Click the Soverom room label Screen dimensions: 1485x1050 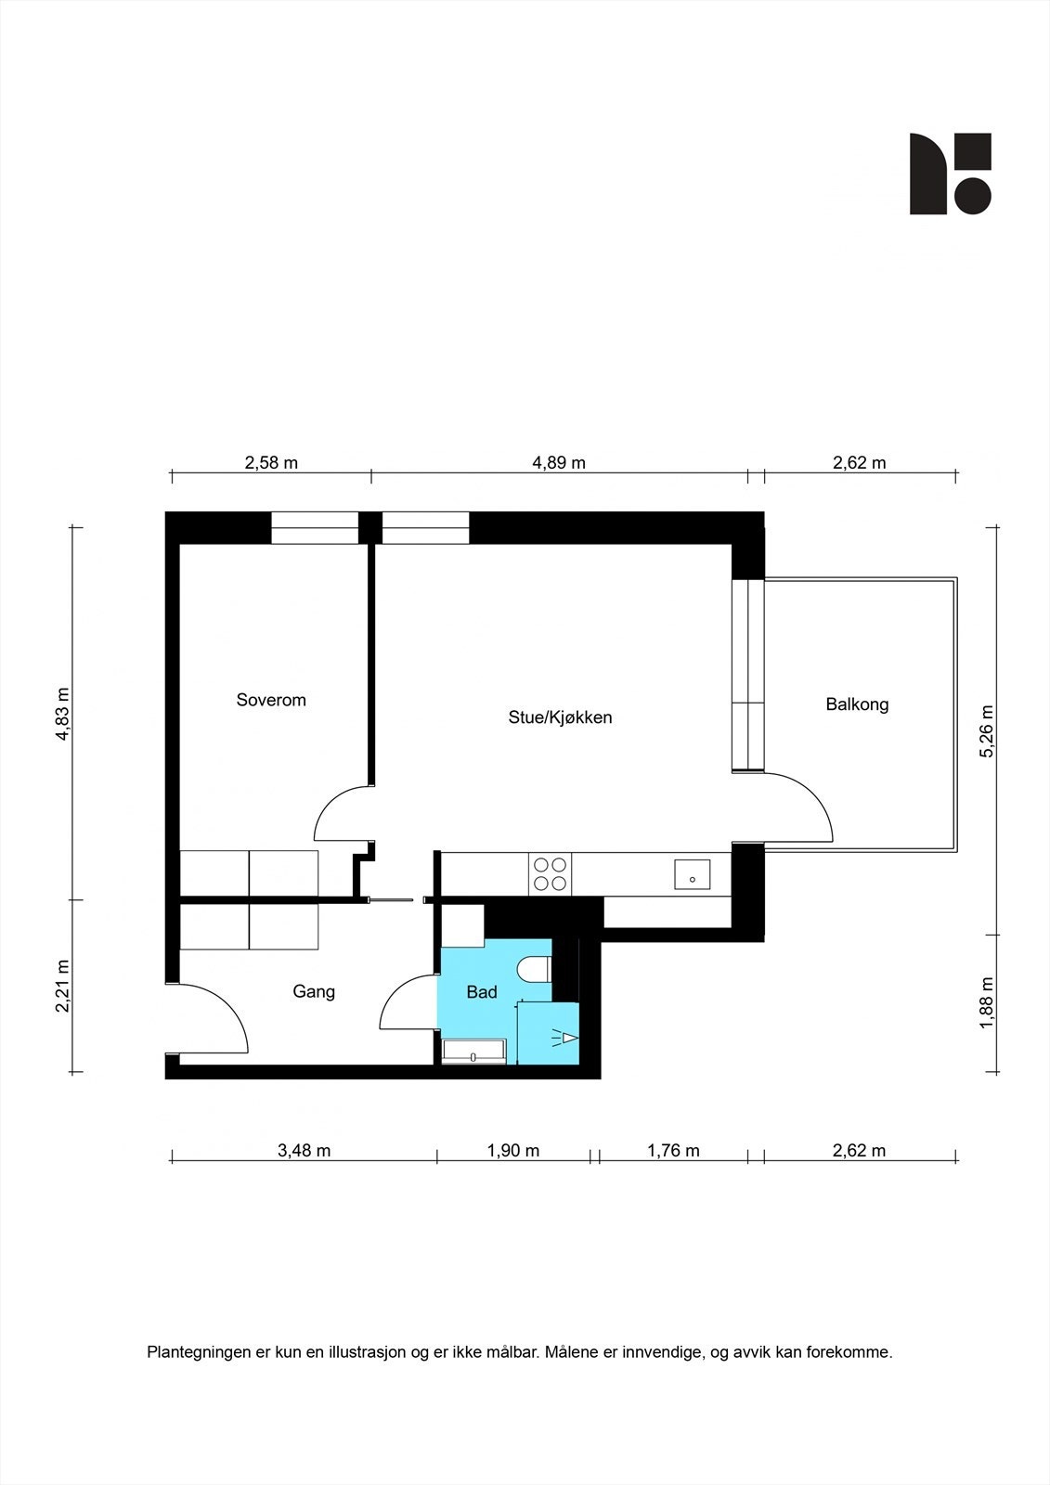click(x=271, y=700)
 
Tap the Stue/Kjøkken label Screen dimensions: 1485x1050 click(x=560, y=717)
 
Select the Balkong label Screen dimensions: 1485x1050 click(x=857, y=704)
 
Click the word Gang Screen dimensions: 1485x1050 click(x=314, y=991)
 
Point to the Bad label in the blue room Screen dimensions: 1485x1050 click(x=482, y=992)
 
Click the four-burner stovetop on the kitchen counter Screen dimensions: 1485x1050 click(x=549, y=874)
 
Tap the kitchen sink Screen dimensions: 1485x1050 click(x=692, y=874)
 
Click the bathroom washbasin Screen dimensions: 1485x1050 click(x=473, y=1052)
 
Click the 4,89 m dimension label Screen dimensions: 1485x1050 click(x=559, y=462)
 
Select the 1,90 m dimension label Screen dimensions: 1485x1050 click(x=513, y=1151)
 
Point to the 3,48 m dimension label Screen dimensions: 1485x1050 click(x=305, y=1151)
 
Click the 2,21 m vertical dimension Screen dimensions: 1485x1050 click(x=62, y=986)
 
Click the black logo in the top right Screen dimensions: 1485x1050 click(x=950, y=174)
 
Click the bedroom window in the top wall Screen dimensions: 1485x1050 click(x=314, y=528)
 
